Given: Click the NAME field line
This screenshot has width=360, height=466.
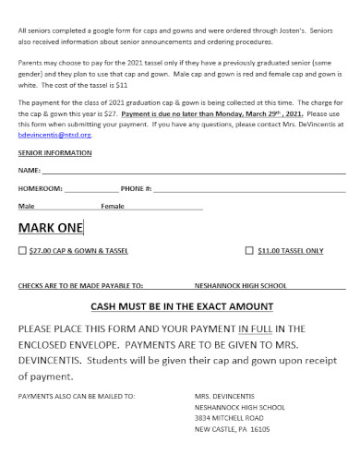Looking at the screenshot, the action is coord(194,171).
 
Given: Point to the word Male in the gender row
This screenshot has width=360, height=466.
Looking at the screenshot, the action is coord(27,206).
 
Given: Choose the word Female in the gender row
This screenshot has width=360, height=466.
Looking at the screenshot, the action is coord(112,206).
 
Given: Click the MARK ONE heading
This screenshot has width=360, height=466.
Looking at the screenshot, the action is coord(51,227).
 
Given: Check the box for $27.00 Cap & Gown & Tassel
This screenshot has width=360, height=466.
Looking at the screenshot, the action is coord(22,250).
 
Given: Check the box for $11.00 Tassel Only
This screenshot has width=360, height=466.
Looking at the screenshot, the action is coord(249,250).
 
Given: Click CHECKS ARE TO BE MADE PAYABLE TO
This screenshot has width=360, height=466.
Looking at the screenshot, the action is coord(80,286).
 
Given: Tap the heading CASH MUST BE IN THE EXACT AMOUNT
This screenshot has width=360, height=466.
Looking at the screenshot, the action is coord(181,305).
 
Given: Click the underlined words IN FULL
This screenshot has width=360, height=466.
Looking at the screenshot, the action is coord(257,328).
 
